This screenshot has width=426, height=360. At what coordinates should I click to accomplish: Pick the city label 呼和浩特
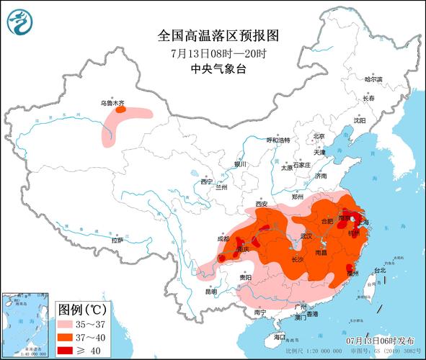point(278,140)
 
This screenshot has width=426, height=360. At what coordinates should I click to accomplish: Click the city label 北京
point(319,136)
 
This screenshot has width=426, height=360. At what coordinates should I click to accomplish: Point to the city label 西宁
point(208,181)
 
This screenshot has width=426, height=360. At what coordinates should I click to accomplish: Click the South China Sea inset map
point(25,324)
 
